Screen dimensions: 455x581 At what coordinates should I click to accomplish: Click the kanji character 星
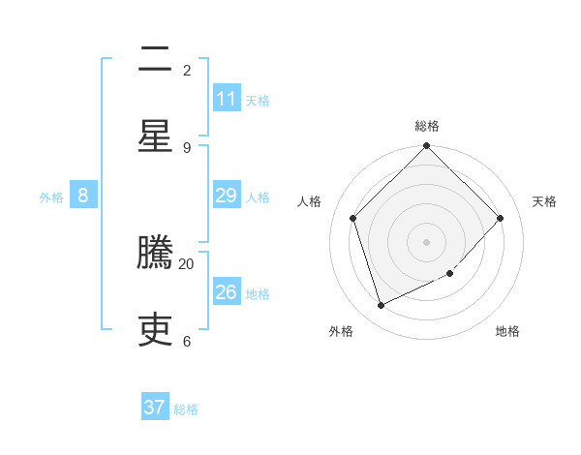(155, 136)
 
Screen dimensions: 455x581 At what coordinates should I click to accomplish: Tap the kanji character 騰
(155, 253)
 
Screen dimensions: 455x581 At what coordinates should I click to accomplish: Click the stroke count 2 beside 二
(187, 70)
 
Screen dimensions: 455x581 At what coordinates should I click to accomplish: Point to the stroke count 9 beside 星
(187, 147)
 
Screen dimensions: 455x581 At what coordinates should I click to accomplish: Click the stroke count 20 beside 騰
(187, 263)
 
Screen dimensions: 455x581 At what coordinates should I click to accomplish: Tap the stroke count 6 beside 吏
(187, 341)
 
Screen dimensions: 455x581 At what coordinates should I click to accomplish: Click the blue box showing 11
(227, 99)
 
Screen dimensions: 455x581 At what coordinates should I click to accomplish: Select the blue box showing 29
(227, 196)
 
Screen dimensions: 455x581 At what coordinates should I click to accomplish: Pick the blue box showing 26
(227, 292)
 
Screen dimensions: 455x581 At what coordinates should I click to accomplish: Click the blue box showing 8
(83, 196)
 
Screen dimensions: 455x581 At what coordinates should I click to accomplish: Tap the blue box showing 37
(155, 408)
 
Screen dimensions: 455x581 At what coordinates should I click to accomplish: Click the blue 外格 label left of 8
(51, 197)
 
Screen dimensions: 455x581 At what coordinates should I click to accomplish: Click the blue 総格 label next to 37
(186, 409)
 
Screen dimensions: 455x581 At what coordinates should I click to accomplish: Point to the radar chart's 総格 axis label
(427, 126)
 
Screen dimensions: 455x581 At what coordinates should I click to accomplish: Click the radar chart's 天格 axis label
(544, 201)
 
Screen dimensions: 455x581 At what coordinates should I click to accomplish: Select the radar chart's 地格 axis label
(507, 331)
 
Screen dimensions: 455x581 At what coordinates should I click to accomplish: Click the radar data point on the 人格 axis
(353, 218)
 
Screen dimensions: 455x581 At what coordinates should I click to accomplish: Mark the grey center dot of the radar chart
(427, 241)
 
